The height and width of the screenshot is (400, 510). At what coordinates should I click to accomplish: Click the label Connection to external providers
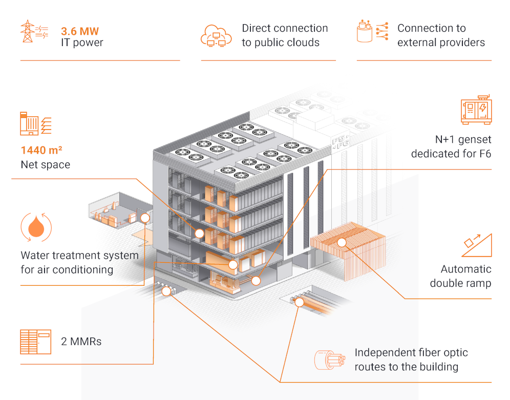pos(440,35)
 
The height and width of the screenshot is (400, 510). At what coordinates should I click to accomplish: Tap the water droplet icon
pos(36,227)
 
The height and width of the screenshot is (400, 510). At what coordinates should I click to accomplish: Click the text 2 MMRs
pos(81,342)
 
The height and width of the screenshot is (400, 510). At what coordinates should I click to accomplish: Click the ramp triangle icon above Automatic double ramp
pos(477,245)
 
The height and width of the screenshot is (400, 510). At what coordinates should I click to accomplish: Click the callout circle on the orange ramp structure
pos(342,241)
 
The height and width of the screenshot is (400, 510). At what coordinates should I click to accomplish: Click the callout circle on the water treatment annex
pos(145,218)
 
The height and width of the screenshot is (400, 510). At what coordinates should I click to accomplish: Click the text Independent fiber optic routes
pos(411,360)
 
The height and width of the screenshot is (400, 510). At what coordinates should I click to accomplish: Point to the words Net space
pos(46,165)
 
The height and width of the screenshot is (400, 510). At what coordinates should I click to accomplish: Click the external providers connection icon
pos(371,32)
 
